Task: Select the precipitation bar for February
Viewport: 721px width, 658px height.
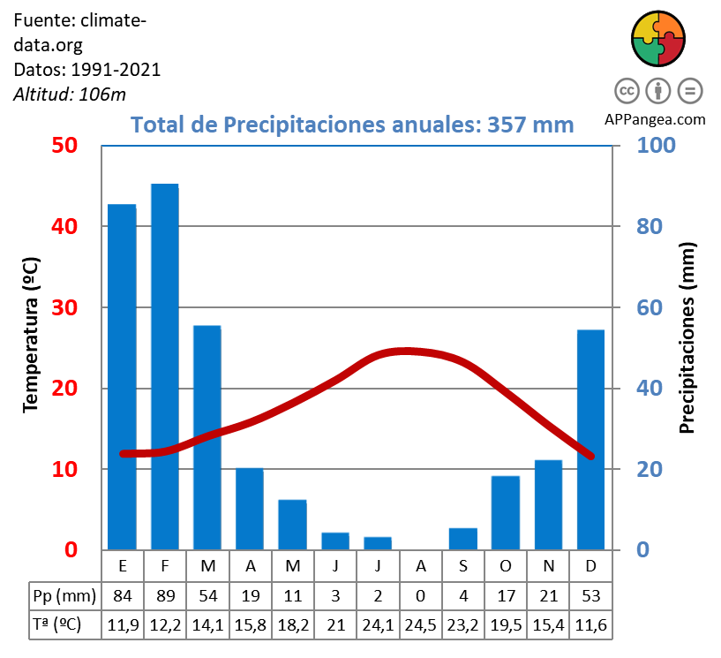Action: (x=164, y=367)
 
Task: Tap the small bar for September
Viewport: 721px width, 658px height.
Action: (x=463, y=539)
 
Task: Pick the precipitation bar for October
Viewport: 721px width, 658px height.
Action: (x=506, y=512)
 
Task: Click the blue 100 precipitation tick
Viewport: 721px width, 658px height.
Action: (x=656, y=145)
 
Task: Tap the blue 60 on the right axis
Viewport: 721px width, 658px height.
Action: (x=650, y=307)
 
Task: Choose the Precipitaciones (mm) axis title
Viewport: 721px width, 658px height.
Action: (x=688, y=337)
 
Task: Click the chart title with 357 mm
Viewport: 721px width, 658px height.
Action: (x=352, y=125)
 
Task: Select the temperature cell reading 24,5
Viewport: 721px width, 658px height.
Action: (x=420, y=624)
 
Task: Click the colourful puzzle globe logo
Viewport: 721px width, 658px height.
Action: (x=658, y=39)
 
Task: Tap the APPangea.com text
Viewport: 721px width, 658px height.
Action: (x=656, y=119)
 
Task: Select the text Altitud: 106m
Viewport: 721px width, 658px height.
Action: (x=70, y=94)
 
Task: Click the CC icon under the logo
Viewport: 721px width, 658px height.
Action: (x=627, y=91)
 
